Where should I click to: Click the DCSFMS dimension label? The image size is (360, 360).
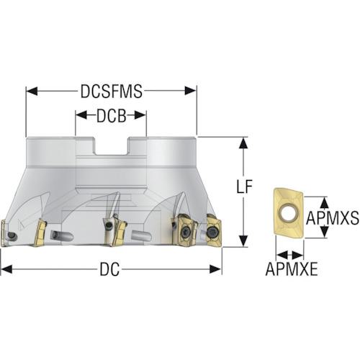pos(112,91)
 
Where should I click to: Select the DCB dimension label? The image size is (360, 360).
pos(111,116)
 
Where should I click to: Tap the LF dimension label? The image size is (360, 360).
pos(244,186)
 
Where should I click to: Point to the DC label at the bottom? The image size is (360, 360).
pos(109,269)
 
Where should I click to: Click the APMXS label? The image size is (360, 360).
pos(333,218)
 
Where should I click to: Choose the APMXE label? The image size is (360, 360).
pos(292,269)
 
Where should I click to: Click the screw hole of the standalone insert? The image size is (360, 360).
pos(287,212)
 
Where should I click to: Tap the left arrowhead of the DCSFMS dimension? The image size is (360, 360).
pos(32,91)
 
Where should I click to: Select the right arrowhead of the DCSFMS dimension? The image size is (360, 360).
pos(191,91)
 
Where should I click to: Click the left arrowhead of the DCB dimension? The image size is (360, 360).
pos(81,115)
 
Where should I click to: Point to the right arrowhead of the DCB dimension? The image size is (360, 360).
pos(140,115)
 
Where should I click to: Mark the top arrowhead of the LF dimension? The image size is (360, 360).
pos(244,143)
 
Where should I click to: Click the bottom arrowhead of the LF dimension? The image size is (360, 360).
pos(244,241)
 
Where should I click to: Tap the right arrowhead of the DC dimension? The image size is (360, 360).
pos(215,269)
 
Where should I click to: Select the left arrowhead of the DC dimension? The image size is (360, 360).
pos(6,269)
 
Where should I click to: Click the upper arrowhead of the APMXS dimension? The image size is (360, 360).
pos(325,203)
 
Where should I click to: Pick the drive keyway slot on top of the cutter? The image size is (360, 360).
pos(111,146)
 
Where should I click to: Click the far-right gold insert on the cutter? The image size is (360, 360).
pos(215,230)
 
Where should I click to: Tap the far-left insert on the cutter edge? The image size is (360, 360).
pos(4,233)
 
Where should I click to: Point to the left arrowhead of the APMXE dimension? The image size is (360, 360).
pos(282,255)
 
